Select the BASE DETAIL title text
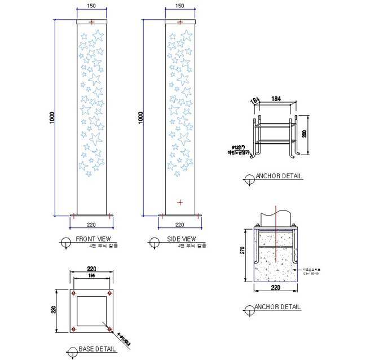[x=97, y=349]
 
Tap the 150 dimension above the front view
[x=92, y=6]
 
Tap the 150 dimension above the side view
[x=180, y=6]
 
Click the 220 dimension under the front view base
[x=91, y=225]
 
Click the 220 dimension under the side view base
[x=180, y=225]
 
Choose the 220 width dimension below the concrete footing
[x=276, y=288]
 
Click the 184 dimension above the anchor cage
[x=276, y=99]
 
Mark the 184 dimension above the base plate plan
[x=91, y=276]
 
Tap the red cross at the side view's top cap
[x=180, y=22]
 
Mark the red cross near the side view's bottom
[x=180, y=202]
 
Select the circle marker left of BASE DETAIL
[x=71, y=353]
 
